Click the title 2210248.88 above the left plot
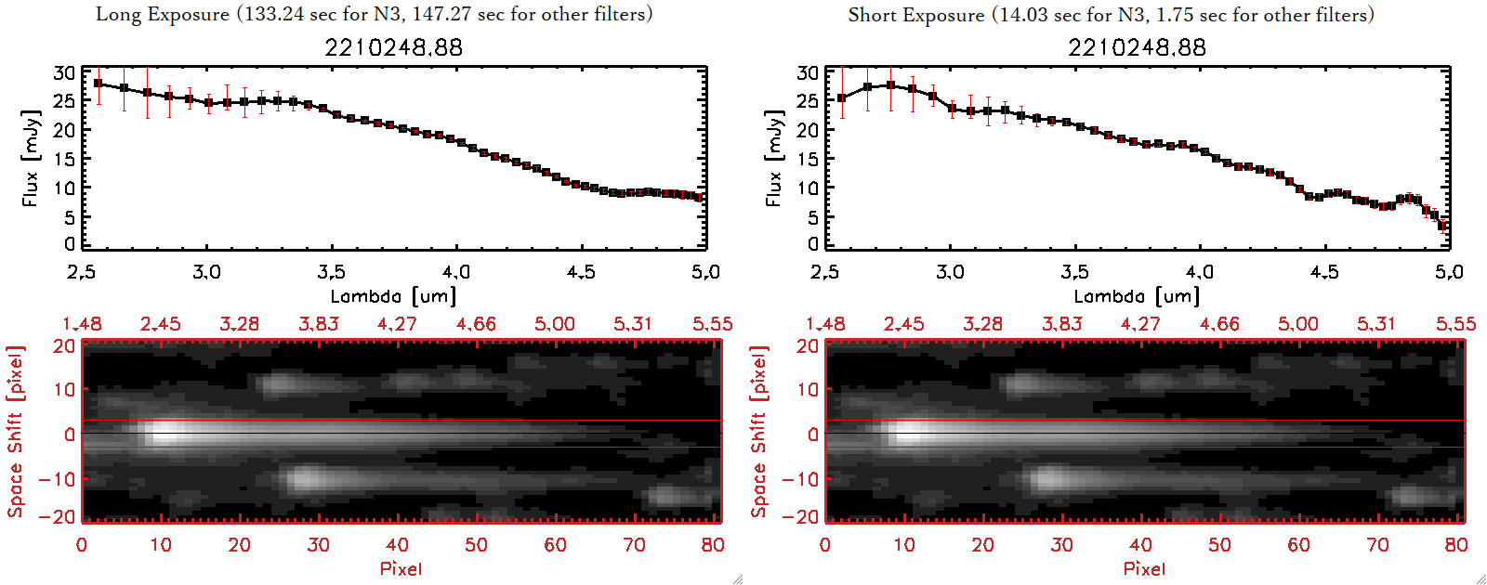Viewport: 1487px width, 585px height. pos(393,47)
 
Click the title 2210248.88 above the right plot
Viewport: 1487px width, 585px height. pos(1137,47)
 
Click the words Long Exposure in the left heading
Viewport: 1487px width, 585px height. pos(163,14)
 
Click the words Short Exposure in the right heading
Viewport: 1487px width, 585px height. pos(915,15)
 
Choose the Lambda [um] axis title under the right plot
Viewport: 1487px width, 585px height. pos(1137,296)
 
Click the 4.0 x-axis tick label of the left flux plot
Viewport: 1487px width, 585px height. pos(455,272)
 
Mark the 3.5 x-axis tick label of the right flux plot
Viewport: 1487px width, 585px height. pos(1074,272)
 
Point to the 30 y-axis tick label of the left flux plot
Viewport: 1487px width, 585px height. pos(64,72)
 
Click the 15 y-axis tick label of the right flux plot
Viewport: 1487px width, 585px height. pos(808,159)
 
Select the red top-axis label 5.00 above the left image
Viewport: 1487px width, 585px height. pos(554,324)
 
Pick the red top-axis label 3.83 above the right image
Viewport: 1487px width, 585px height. pos(1061,324)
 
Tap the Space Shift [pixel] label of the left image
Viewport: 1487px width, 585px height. pos(16,432)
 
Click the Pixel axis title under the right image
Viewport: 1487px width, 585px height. pos(1144,568)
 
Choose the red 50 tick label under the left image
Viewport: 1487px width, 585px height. pos(476,545)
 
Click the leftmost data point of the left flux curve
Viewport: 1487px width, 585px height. pos(99,84)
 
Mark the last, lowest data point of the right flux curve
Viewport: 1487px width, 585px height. pos(1442,226)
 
